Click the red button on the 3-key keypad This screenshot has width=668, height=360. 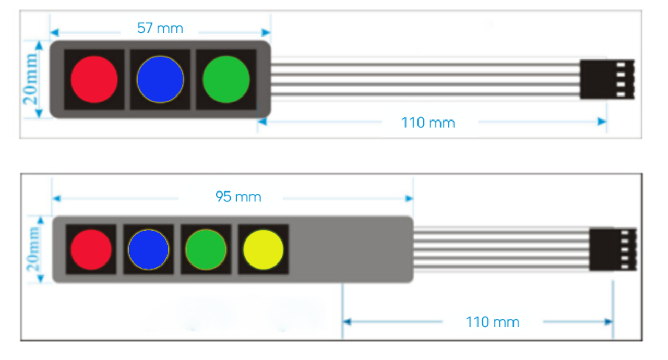coord(94,79)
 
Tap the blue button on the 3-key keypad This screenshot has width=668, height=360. coord(160,79)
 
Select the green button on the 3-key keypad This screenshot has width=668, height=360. coord(226,79)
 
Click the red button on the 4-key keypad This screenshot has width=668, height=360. coord(91,249)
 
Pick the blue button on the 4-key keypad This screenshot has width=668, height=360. coord(149,249)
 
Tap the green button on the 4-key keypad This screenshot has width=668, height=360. coord(206,249)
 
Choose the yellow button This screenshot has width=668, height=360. coord(264,249)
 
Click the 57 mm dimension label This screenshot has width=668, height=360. coord(160,28)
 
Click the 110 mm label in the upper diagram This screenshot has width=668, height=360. coord(428,123)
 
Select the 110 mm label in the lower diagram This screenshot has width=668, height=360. coord(493,322)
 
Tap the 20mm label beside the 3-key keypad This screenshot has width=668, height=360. coord(31,79)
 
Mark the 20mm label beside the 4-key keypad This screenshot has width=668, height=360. coord(33,249)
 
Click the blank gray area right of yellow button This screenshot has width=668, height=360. coord(350,249)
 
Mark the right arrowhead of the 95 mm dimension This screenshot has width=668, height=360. coord(409,198)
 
